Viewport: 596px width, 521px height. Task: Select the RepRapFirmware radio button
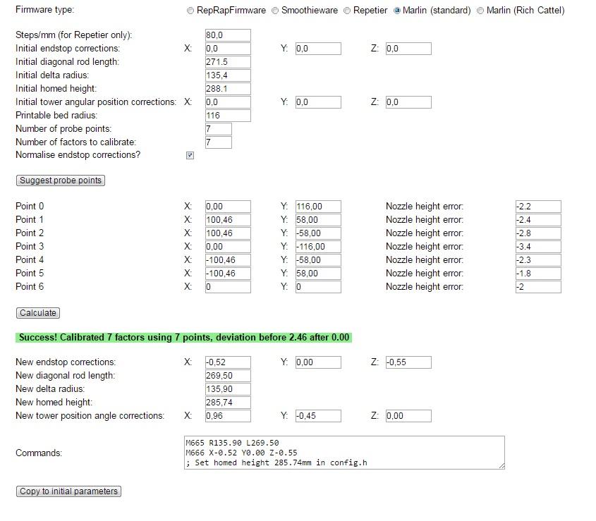pos(190,11)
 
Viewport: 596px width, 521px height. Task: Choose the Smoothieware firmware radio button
pos(276,11)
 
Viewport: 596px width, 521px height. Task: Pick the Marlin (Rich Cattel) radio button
pos(481,11)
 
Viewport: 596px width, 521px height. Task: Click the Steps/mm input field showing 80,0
pos(227,35)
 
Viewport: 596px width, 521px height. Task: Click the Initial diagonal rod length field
pos(227,62)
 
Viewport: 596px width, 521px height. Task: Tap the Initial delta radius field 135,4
pos(227,75)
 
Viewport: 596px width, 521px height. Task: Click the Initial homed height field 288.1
pos(227,89)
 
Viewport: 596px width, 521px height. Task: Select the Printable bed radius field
pos(227,116)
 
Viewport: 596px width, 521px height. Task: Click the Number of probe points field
pos(218,129)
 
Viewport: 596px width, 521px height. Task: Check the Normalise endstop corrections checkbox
pos(190,155)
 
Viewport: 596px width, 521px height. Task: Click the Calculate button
pos(39,313)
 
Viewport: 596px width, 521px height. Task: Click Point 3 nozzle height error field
pos(537,247)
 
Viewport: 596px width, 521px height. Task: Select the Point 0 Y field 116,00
pos(317,207)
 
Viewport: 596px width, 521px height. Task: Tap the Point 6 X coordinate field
pos(227,287)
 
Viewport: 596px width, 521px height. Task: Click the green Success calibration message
pos(184,338)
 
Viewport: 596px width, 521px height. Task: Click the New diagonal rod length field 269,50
pos(227,376)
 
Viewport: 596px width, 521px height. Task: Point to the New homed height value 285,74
pos(227,403)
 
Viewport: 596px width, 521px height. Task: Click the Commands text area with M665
pos(344,452)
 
